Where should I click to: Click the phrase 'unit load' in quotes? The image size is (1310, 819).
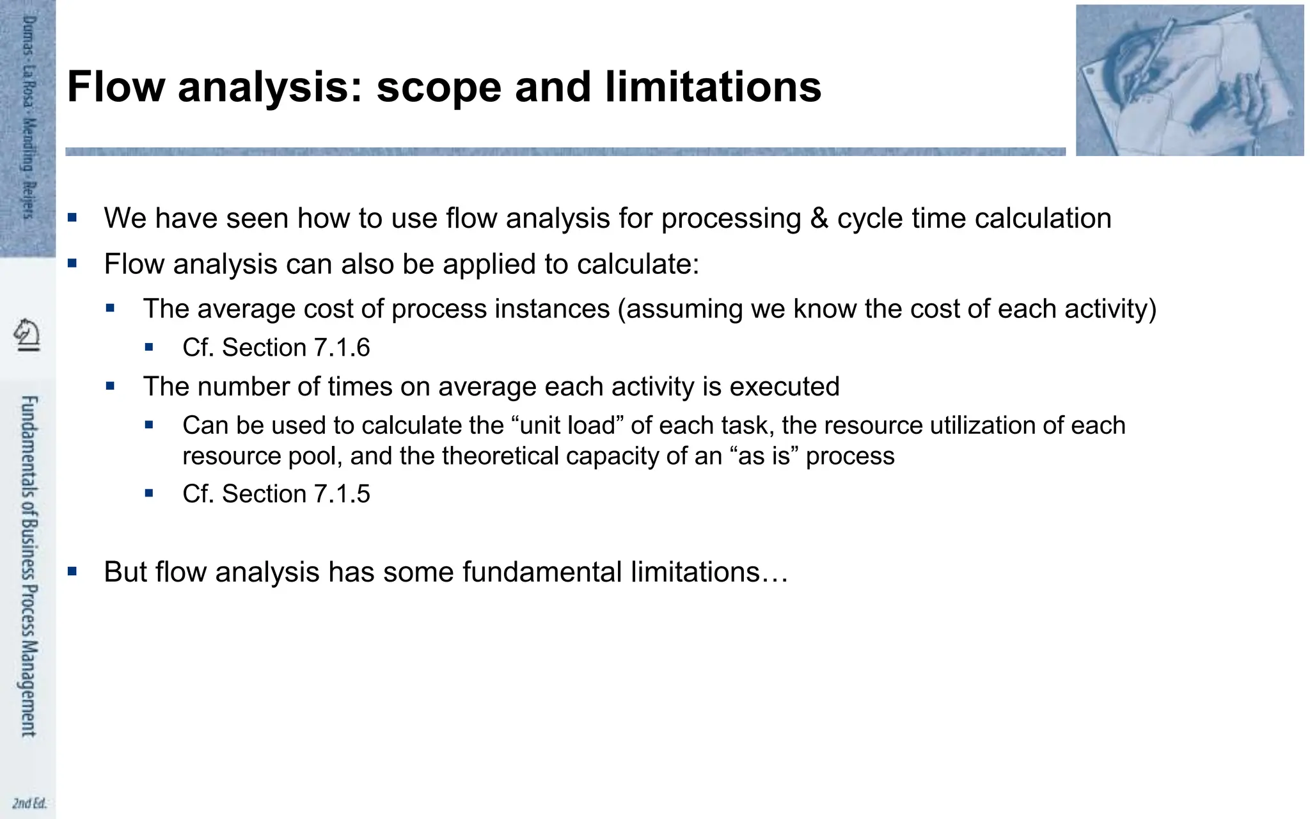click(568, 425)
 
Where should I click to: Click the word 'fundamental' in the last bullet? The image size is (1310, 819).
click(542, 572)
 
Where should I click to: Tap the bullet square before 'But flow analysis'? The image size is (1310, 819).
click(72, 571)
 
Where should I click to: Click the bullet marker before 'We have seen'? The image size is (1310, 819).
click(72, 218)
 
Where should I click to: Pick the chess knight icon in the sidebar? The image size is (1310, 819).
click(27, 335)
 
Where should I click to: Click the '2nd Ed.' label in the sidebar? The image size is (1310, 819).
click(29, 803)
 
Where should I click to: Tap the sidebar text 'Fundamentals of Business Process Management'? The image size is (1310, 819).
click(29, 566)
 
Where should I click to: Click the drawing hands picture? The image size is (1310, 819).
click(1189, 80)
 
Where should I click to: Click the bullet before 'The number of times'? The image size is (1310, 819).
click(111, 386)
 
